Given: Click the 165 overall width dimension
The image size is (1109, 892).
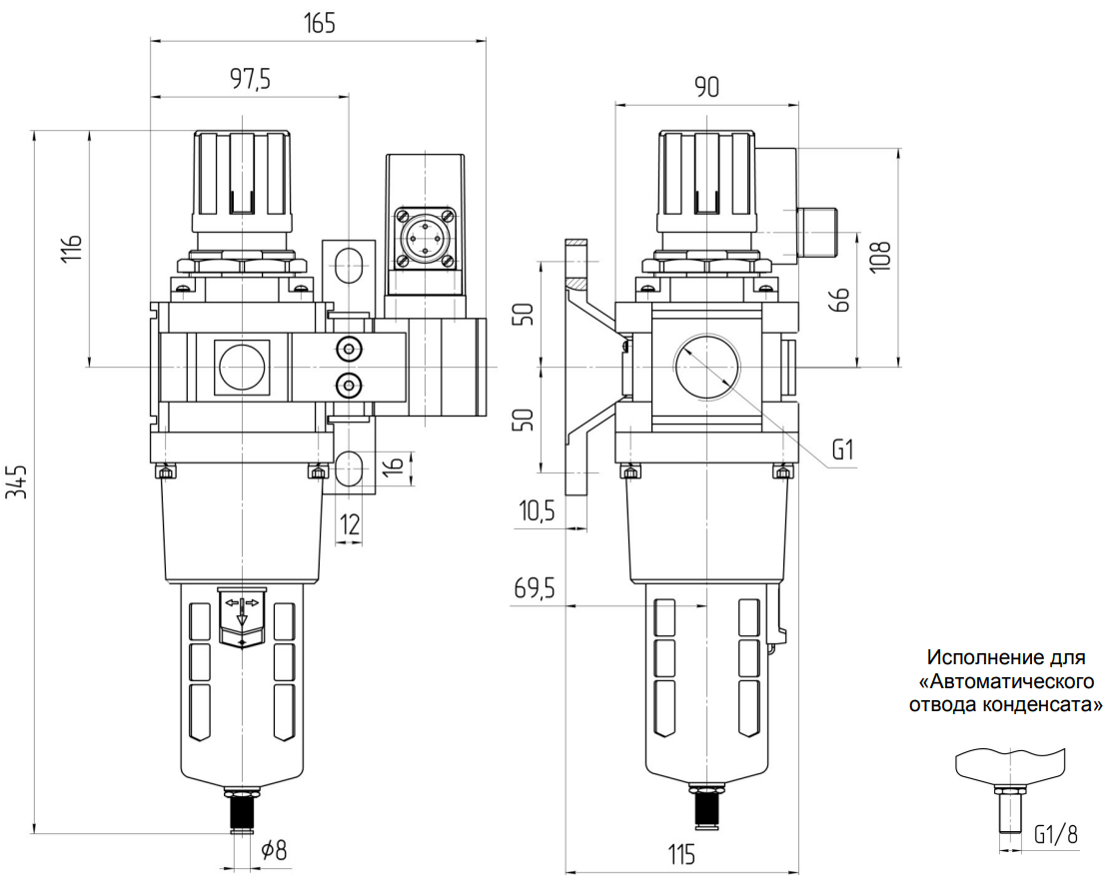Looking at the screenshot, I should pyautogui.click(x=320, y=22).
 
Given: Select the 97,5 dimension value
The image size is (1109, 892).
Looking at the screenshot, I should pyautogui.click(x=251, y=80).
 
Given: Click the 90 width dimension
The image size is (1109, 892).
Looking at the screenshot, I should pyautogui.click(x=706, y=88).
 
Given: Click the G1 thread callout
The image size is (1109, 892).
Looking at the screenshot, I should pyautogui.click(x=844, y=450).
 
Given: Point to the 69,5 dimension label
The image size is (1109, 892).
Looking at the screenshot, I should pyautogui.click(x=535, y=590).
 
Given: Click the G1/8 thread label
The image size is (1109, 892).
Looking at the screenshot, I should pyautogui.click(x=1055, y=834).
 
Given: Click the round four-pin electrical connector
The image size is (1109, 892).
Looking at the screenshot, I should pyautogui.click(x=424, y=236).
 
